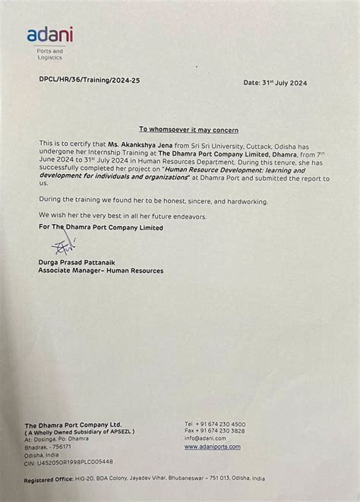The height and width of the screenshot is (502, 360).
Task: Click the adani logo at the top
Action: click(x=50, y=34)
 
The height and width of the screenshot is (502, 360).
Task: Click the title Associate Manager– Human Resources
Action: click(x=100, y=270)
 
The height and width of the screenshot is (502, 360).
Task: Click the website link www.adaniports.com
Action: click(x=212, y=447)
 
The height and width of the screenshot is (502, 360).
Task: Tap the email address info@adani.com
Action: click(x=204, y=438)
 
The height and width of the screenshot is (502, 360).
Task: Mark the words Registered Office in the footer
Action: click(x=47, y=480)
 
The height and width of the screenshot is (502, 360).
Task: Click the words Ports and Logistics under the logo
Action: click(x=49, y=54)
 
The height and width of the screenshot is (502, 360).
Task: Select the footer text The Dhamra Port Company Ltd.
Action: click(x=72, y=424)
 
